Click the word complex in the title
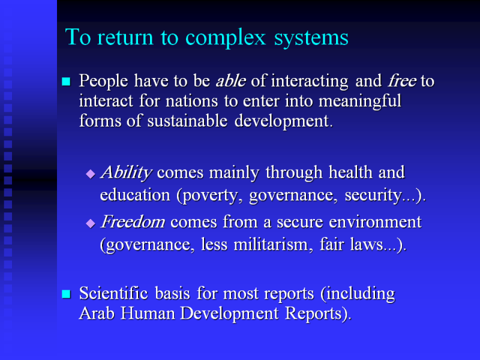click(x=226, y=38)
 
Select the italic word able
click(x=231, y=81)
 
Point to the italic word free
click(x=402, y=81)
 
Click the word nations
click(x=191, y=101)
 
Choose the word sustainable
click(x=187, y=121)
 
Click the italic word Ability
click(x=126, y=173)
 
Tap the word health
click(x=350, y=172)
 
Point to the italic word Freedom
click(x=133, y=221)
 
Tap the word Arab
click(x=97, y=313)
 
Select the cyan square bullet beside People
click(x=66, y=82)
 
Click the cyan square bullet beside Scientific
click(x=66, y=294)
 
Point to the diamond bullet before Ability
click(x=91, y=174)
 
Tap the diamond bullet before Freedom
click(x=91, y=223)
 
